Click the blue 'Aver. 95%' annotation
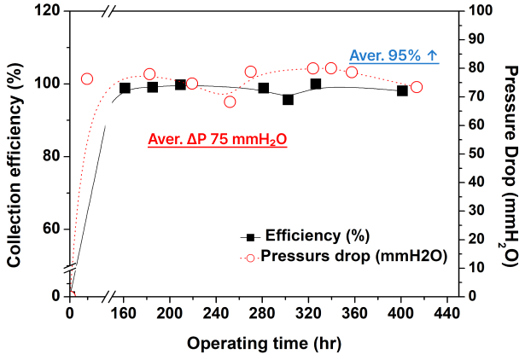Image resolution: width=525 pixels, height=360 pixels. [385, 55]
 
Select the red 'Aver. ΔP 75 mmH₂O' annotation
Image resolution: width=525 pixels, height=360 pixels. [218, 139]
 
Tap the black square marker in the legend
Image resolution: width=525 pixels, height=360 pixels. [250, 237]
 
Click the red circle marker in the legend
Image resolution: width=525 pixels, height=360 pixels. [250, 258]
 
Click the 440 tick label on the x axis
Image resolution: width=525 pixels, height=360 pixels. [447, 313]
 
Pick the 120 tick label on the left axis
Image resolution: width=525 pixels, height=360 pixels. [48, 11]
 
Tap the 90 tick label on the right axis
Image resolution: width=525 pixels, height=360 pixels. [476, 39]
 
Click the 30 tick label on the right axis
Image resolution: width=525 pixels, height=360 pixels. [476, 211]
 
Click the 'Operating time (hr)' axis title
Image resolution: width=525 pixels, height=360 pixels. [264, 344]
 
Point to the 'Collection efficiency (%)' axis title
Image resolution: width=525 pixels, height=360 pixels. [14, 165]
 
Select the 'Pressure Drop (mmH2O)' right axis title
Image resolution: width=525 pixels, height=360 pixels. [511, 166]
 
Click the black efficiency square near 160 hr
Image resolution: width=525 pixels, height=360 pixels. [125, 89]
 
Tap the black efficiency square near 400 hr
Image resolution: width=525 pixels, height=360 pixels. [402, 90]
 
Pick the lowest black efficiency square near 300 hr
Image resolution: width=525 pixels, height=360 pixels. [288, 100]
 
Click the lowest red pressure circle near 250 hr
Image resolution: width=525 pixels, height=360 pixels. [230, 102]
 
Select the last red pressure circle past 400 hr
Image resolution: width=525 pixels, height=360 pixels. [417, 87]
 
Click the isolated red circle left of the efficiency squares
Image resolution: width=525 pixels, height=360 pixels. [87, 79]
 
